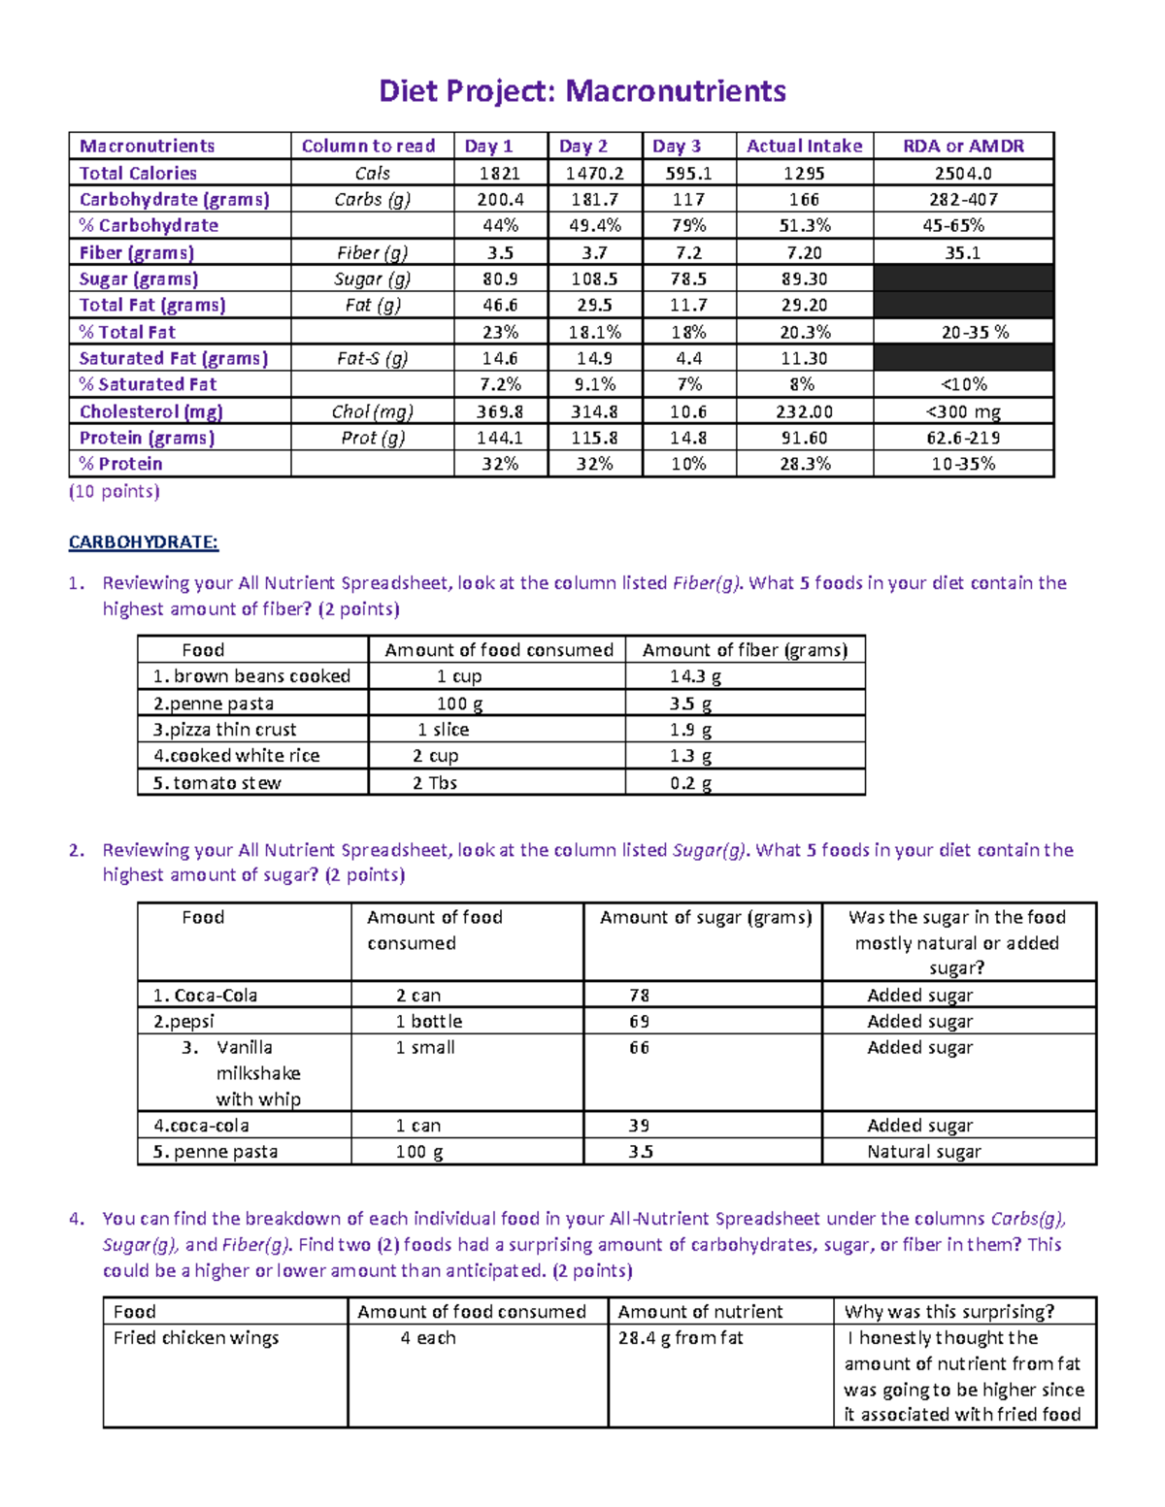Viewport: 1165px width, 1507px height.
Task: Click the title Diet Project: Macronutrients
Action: (582, 91)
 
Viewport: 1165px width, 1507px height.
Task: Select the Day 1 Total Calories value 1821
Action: (499, 173)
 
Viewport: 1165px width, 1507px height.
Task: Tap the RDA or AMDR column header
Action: (963, 146)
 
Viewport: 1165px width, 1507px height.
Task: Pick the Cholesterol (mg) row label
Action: (150, 411)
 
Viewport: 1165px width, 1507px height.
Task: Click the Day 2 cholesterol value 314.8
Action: (594, 411)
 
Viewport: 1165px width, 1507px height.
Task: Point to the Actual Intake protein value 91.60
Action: (804, 438)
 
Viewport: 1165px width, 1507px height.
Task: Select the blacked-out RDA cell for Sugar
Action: (963, 278)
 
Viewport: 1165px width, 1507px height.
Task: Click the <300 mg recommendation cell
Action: (963, 411)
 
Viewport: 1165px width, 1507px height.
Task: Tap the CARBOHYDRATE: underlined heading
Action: (144, 541)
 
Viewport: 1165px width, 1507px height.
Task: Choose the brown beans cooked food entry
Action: (251, 676)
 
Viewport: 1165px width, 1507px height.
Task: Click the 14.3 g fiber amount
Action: (695, 676)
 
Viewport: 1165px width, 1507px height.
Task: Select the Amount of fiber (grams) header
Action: (745, 650)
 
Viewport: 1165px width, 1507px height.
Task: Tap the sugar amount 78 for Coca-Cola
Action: (639, 996)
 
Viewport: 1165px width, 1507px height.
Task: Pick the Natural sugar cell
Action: (923, 1152)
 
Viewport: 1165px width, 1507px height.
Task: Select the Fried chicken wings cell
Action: (196, 1338)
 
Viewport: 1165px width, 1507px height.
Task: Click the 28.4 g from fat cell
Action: (681, 1338)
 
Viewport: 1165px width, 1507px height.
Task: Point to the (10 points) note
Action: (115, 491)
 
